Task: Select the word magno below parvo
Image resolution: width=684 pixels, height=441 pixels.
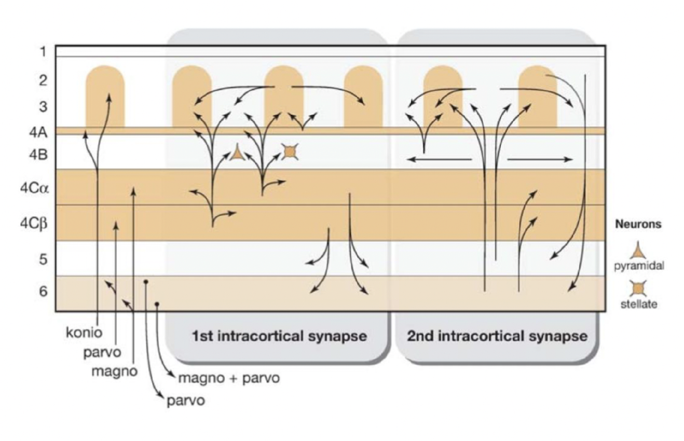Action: [115, 371]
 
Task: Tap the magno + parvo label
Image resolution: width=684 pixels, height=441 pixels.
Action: [229, 378]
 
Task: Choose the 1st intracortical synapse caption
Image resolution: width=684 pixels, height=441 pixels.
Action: [279, 336]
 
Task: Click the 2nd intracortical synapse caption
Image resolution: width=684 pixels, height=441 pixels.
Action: [497, 336]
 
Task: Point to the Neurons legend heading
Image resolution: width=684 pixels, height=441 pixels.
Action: [638, 225]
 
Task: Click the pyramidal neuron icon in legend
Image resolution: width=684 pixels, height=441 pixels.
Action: [638, 251]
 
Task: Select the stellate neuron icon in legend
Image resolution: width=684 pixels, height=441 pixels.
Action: [638, 287]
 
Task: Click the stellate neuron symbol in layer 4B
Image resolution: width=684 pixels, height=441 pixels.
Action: [290, 151]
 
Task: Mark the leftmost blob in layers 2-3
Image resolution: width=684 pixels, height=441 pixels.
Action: [105, 96]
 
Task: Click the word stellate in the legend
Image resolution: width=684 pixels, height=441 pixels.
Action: [638, 304]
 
